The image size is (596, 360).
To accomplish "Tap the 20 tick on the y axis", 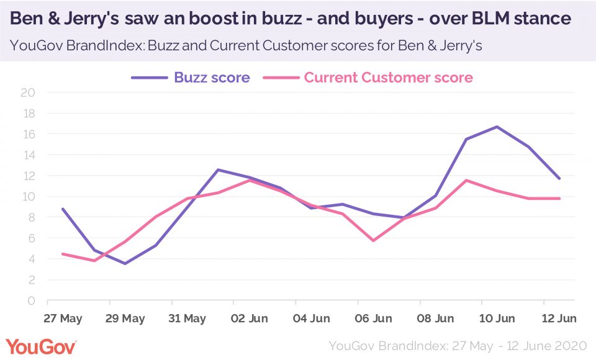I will pos(29,92).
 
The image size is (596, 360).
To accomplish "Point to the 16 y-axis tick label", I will pos(29,134).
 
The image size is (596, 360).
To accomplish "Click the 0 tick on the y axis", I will pos(32,301).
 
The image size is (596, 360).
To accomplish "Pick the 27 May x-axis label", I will pos(63,318).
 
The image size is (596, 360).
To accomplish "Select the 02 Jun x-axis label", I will pos(249,318).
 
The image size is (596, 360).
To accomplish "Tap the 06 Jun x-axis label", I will pos(373,318).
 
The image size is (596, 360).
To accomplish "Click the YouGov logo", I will pos(40,346).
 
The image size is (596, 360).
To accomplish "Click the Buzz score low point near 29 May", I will pos(125,263).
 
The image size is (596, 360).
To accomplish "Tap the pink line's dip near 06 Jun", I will pos(373,240).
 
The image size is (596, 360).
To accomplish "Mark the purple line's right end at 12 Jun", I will pos(560,178).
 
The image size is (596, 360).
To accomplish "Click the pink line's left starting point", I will pos(63,254).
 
